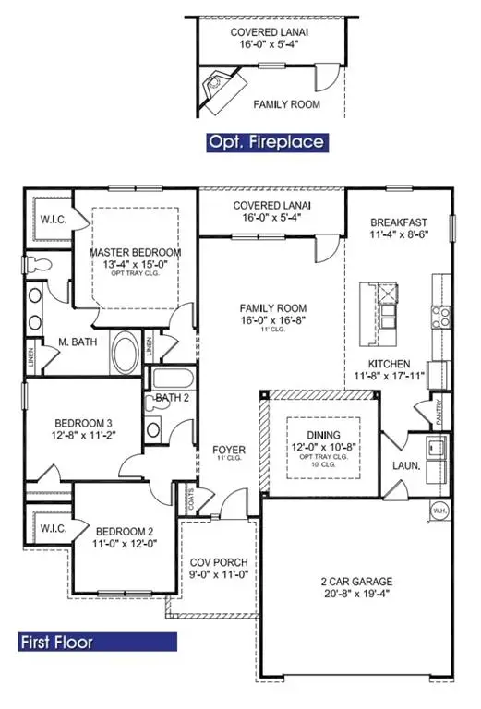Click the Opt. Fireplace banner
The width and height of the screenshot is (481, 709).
[267, 141]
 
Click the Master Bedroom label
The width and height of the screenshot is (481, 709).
[135, 252]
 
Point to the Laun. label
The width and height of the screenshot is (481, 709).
[407, 466]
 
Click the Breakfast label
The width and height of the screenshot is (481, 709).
[398, 222]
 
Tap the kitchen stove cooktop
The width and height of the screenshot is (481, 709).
[442, 318]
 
